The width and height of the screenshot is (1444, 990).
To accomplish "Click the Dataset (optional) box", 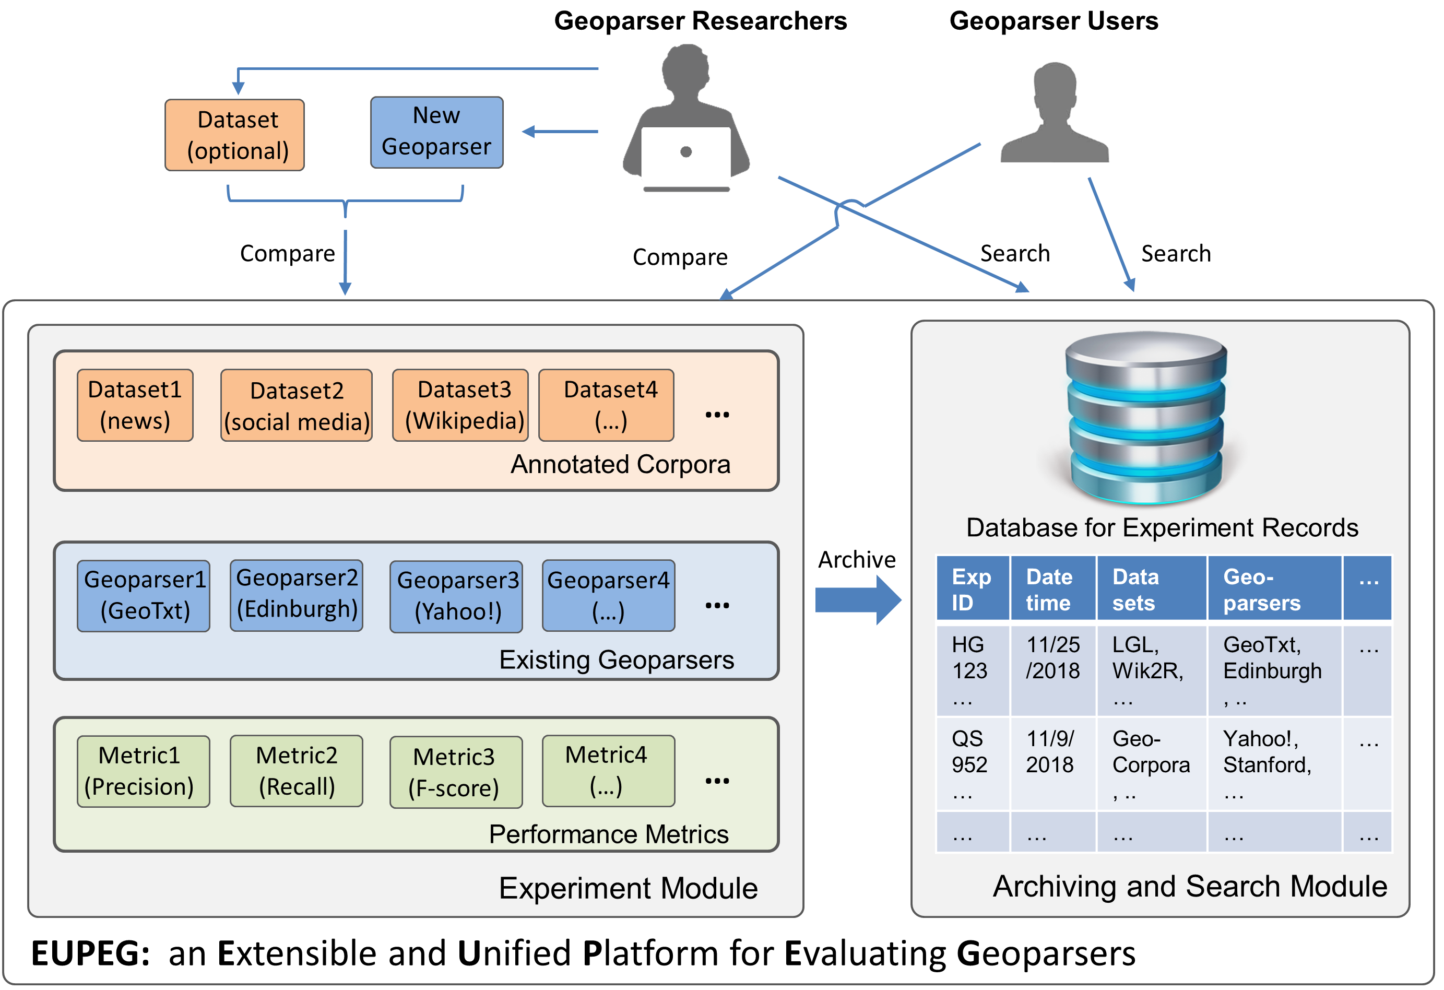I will coord(234,135).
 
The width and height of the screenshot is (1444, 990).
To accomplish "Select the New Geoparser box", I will coord(436,132).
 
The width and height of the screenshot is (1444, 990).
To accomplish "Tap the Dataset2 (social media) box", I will coord(297,406).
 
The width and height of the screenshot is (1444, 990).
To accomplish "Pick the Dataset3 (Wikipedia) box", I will coord(460,405).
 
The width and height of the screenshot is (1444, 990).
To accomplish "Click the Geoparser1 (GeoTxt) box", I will coord(144,595).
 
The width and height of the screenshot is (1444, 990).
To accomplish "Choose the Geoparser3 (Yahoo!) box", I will coord(456,597).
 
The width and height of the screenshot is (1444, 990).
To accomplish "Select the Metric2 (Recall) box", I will coord(297,771).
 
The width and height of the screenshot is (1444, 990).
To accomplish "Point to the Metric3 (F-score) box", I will coord(456,772).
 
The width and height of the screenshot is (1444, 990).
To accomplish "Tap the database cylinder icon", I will coord(1146,418).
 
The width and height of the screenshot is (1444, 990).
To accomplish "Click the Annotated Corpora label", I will coord(620,464).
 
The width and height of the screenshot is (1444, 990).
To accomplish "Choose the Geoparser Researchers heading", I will coord(700,20).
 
